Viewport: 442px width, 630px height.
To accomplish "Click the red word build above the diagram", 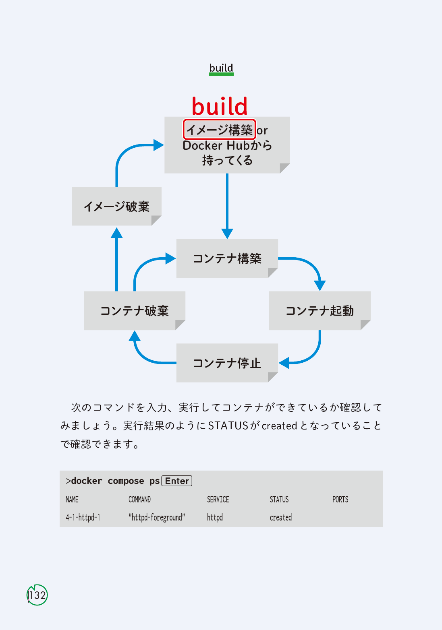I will (x=220, y=106).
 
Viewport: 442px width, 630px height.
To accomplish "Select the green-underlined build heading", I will (x=221, y=68).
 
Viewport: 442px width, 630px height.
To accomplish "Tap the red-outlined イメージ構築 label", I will (x=220, y=130).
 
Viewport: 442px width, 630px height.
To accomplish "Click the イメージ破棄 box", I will (x=116, y=206).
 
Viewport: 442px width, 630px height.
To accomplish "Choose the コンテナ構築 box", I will (x=227, y=258).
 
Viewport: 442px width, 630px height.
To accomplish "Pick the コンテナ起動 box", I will (x=320, y=310).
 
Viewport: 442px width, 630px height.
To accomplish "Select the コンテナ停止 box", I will (x=227, y=363).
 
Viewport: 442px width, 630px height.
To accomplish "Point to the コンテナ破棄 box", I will (x=134, y=310).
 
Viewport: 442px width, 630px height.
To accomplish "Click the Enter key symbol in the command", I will (x=177, y=481).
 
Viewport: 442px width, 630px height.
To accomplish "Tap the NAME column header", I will (x=72, y=500).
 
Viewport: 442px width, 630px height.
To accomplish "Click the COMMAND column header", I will (x=139, y=500).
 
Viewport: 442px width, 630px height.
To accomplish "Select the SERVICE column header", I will (x=218, y=500).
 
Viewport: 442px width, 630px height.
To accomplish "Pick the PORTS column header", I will (x=340, y=500).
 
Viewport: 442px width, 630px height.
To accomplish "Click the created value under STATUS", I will (x=281, y=518).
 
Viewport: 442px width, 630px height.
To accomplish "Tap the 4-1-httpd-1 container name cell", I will (x=83, y=518).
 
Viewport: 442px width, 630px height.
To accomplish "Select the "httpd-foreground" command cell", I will (x=157, y=518).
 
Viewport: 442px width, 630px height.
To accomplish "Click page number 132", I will (x=37, y=595).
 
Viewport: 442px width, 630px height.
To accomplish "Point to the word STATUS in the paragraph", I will (x=228, y=426).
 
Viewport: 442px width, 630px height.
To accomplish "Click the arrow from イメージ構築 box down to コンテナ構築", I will (x=227, y=205).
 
